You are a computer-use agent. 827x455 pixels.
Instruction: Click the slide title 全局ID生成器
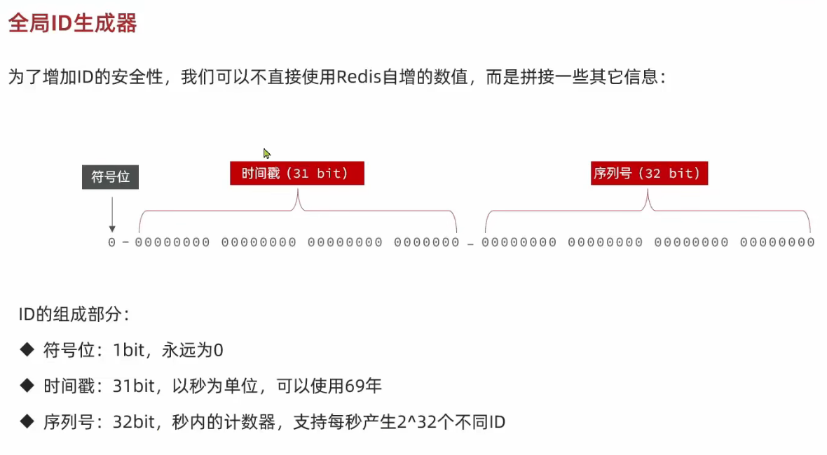click(72, 23)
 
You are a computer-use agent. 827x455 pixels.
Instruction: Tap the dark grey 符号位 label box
click(110, 176)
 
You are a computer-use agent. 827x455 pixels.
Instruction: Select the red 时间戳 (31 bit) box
click(296, 173)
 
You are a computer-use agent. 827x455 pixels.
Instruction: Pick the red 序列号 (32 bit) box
click(649, 173)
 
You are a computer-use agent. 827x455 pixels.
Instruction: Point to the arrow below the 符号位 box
click(111, 214)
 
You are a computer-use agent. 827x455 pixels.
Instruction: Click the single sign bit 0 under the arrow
click(111, 242)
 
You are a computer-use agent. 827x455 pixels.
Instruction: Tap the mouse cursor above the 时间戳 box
click(266, 153)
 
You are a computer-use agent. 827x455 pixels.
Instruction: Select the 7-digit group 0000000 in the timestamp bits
click(426, 242)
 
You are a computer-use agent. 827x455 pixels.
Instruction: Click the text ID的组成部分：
click(74, 314)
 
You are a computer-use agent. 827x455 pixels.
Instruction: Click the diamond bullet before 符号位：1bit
click(27, 349)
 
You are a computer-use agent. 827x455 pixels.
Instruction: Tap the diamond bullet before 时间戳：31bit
click(27, 386)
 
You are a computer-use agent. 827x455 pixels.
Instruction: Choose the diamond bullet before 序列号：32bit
click(27, 422)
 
